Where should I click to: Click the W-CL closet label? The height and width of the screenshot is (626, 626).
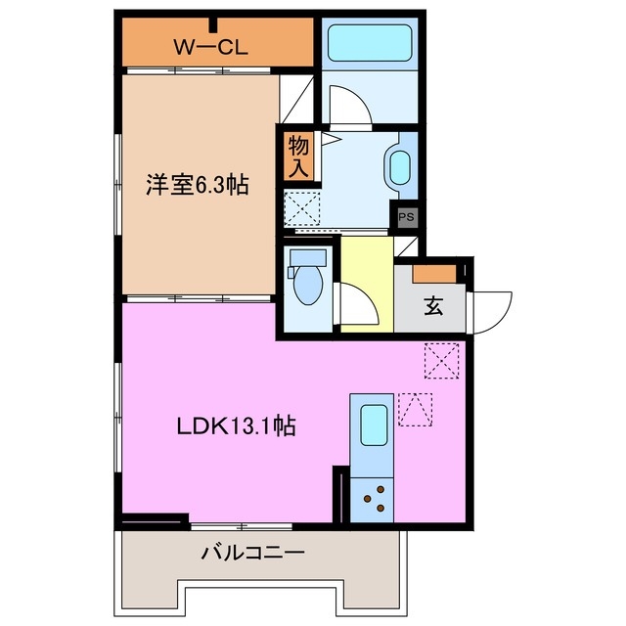[209, 45]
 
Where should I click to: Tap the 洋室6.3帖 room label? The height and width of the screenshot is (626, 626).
[198, 185]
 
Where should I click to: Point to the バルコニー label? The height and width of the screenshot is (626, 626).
[253, 553]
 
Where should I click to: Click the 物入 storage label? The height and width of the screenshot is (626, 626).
[299, 156]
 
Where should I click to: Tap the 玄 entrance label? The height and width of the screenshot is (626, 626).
[432, 306]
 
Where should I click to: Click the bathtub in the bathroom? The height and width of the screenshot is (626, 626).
[369, 44]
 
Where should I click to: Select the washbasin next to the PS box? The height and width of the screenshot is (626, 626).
[401, 167]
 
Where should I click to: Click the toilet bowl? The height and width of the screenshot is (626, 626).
[307, 283]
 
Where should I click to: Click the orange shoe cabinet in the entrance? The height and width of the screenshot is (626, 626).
[432, 273]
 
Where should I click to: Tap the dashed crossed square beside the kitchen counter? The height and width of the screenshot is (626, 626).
[441, 360]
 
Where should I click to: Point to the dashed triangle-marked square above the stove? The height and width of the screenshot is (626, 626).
[416, 410]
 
